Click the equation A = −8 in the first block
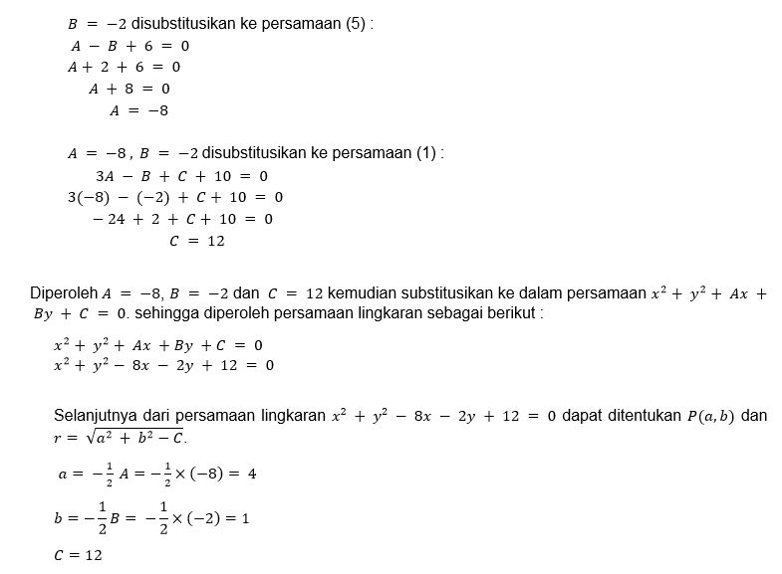tap(138, 111)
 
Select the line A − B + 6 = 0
tap(130, 46)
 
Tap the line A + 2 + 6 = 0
tap(124, 68)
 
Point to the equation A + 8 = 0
tap(130, 90)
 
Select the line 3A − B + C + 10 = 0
tap(181, 176)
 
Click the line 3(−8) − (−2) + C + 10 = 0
tap(175, 197)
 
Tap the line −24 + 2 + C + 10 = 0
tap(182, 219)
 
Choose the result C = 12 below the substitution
tap(196, 241)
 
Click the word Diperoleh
tap(64, 293)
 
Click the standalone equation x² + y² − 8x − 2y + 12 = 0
tap(163, 365)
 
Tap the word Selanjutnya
tap(96, 416)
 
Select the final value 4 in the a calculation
tap(252, 474)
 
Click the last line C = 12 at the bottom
tap(78, 556)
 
